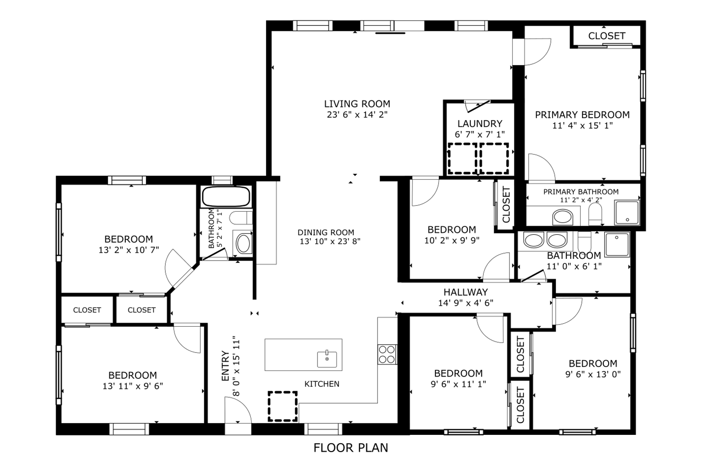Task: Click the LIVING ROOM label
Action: coord(357,104)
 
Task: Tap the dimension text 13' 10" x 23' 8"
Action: coord(330,241)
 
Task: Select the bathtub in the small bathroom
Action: coord(226,197)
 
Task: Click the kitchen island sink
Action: coord(327,360)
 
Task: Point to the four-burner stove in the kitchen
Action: coord(387,354)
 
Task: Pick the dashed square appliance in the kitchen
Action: coord(282,406)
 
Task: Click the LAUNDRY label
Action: coord(480,124)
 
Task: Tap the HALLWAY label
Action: coord(466,292)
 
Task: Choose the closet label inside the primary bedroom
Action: coord(607,36)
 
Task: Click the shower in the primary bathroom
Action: coord(627,213)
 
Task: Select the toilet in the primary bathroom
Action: coord(595,214)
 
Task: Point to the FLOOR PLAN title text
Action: coord(351,448)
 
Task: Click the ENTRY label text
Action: coord(225,366)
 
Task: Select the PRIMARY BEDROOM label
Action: coord(582,115)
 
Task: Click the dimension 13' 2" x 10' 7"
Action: coord(129,250)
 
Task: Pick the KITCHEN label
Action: coord(322,384)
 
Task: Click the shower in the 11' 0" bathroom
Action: coord(617,244)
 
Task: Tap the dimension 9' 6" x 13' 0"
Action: coord(593,374)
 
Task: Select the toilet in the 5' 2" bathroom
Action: coord(241,218)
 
